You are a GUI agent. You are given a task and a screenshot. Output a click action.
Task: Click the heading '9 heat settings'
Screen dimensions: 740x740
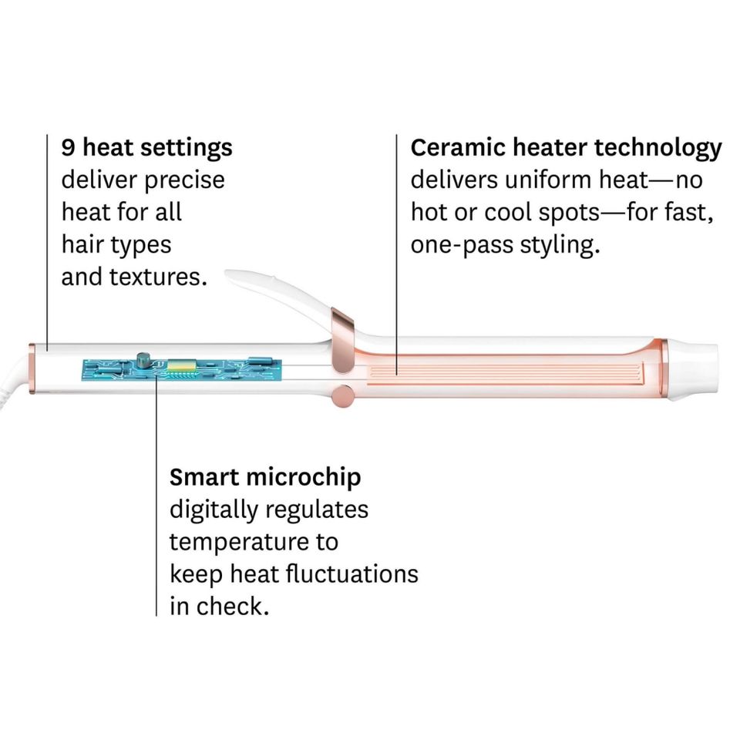(146, 148)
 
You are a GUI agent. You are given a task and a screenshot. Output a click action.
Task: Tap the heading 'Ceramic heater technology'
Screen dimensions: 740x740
(566, 148)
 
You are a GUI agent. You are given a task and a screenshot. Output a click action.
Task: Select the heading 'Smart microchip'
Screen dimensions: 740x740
(265, 477)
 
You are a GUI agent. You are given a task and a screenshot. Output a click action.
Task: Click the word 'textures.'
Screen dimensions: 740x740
(158, 277)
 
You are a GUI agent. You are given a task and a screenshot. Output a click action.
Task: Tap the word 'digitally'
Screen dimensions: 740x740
(214, 510)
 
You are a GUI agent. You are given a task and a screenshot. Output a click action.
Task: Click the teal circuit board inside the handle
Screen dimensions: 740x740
(182, 369)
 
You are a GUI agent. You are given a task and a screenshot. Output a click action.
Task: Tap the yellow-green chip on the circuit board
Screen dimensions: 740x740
(181, 365)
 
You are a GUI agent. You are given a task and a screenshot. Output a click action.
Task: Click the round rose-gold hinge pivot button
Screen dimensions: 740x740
(343, 395)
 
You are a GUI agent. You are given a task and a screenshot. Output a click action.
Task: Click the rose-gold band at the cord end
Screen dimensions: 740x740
(32, 368)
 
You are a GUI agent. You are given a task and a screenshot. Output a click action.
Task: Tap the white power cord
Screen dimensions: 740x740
(12, 380)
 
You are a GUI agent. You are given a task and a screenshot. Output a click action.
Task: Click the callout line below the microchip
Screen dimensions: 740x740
(156, 494)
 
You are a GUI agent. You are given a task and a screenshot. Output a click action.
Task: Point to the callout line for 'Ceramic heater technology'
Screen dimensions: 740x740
(396, 255)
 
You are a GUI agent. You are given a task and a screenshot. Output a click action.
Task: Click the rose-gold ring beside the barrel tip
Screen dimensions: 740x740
(664, 367)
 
